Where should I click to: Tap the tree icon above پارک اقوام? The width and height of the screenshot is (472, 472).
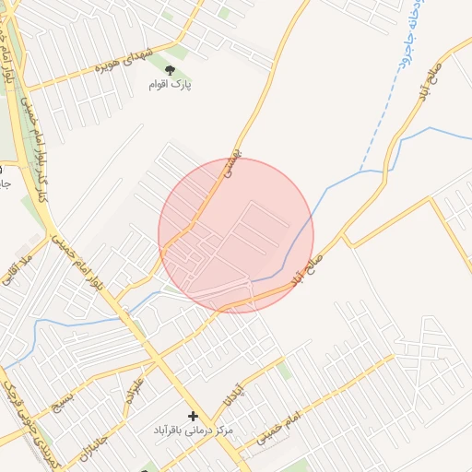pyautogui.click(x=168, y=69)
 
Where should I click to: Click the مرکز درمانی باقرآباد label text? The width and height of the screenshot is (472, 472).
pyautogui.click(x=194, y=431)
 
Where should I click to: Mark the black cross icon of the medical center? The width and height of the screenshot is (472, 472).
pyautogui.click(x=193, y=417)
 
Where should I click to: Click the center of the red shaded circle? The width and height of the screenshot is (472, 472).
pyautogui.click(x=236, y=235)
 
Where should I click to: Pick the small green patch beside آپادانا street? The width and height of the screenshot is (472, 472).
pyautogui.click(x=285, y=371)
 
